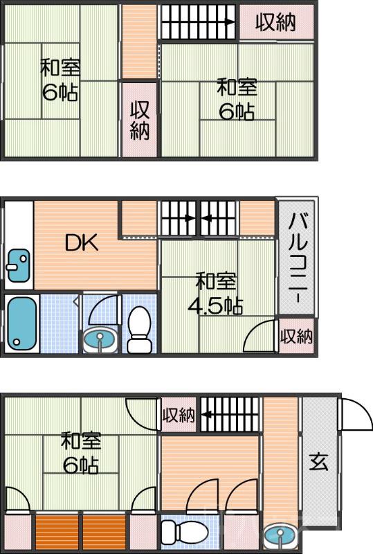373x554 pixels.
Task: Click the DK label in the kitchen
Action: point(82,243)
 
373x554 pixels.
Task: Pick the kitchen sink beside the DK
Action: point(17,266)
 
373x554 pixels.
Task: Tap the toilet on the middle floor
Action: point(140,330)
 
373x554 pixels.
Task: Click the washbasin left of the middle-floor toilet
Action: point(100,339)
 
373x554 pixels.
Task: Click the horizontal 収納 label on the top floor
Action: point(276,22)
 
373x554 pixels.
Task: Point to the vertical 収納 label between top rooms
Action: point(140,120)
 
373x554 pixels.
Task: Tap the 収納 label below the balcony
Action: point(296,337)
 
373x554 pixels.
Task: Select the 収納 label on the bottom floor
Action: point(179,415)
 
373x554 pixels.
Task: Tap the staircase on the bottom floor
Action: point(230,415)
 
